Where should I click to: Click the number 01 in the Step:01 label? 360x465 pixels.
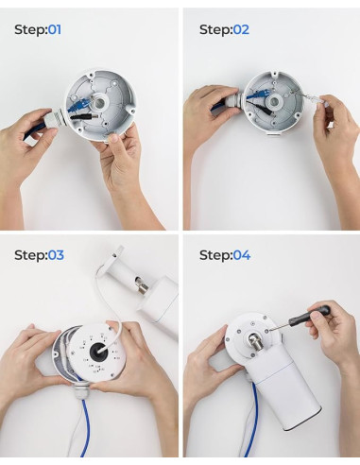click(55, 30)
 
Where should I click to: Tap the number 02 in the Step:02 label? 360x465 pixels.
click(241, 30)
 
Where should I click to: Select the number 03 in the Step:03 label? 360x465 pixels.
click(56, 255)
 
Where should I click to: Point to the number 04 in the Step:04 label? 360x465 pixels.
click(242, 255)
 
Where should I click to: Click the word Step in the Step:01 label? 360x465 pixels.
click(29, 30)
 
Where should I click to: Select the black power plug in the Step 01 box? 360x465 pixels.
click(85, 116)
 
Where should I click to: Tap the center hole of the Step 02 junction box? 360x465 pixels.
click(274, 102)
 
